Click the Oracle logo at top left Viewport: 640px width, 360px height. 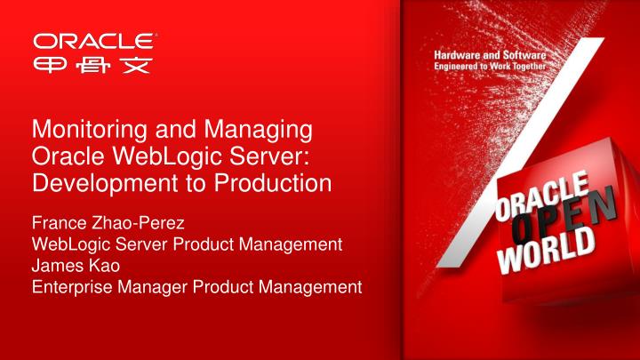(97, 41)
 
